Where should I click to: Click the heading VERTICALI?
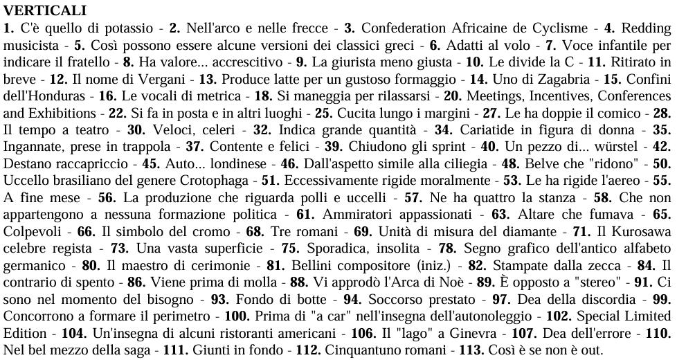(x=45, y=10)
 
